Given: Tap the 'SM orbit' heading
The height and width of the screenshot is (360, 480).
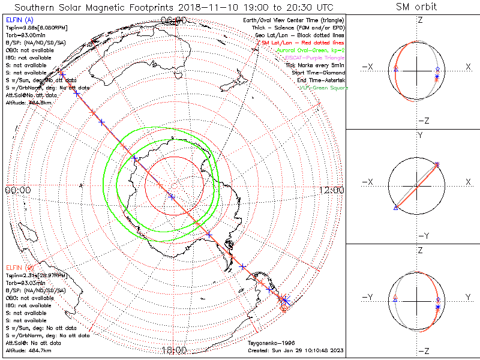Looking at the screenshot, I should tap(416, 8).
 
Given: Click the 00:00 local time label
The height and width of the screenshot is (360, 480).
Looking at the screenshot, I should tap(17, 190).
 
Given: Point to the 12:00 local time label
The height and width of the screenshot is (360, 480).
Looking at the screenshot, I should tap(331, 190).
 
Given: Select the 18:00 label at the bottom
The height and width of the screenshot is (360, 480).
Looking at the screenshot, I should tap(173, 350).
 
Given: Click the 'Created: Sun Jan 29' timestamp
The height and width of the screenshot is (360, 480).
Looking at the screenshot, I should tap(295, 350).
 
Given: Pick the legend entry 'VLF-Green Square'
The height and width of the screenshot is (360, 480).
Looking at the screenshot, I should tap(323, 88).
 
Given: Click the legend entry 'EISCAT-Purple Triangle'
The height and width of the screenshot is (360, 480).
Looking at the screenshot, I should tap(313, 58).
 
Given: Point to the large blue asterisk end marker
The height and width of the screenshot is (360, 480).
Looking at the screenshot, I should tap(285, 299).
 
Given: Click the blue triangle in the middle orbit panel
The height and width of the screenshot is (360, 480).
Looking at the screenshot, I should tap(395, 208).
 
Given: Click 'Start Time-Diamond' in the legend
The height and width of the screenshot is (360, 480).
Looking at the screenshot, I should tap(318, 73).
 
